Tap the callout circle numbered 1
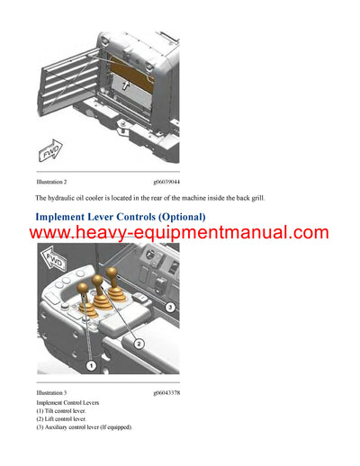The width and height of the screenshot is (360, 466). [x=91, y=366]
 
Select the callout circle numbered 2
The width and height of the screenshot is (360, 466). [x=139, y=343]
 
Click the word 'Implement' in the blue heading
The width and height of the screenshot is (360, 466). [x=67, y=217]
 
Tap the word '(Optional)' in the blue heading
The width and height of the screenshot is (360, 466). [x=180, y=217]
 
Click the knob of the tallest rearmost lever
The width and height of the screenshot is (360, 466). [x=112, y=272]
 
